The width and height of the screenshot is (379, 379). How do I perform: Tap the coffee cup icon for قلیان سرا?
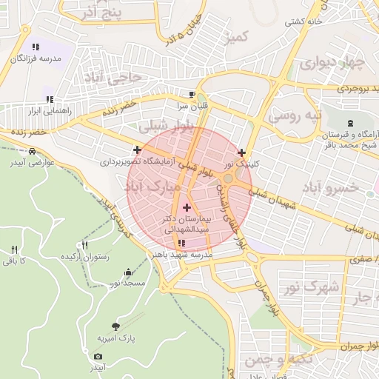192,95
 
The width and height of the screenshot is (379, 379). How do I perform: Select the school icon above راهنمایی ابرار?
49,99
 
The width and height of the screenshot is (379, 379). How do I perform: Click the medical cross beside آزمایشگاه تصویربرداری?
138,150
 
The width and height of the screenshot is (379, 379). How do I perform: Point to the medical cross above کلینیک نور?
241,152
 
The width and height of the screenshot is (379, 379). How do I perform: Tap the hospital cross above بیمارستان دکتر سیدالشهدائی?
186,208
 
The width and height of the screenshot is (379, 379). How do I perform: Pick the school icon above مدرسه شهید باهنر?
182,243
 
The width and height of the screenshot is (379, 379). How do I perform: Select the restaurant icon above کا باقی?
14,249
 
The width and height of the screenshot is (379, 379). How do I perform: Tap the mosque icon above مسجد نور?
130,272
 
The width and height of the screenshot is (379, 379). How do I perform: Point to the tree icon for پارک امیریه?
115,326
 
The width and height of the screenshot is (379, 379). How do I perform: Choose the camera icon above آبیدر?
98,356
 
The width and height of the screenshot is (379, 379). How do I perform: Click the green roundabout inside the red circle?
229,178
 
